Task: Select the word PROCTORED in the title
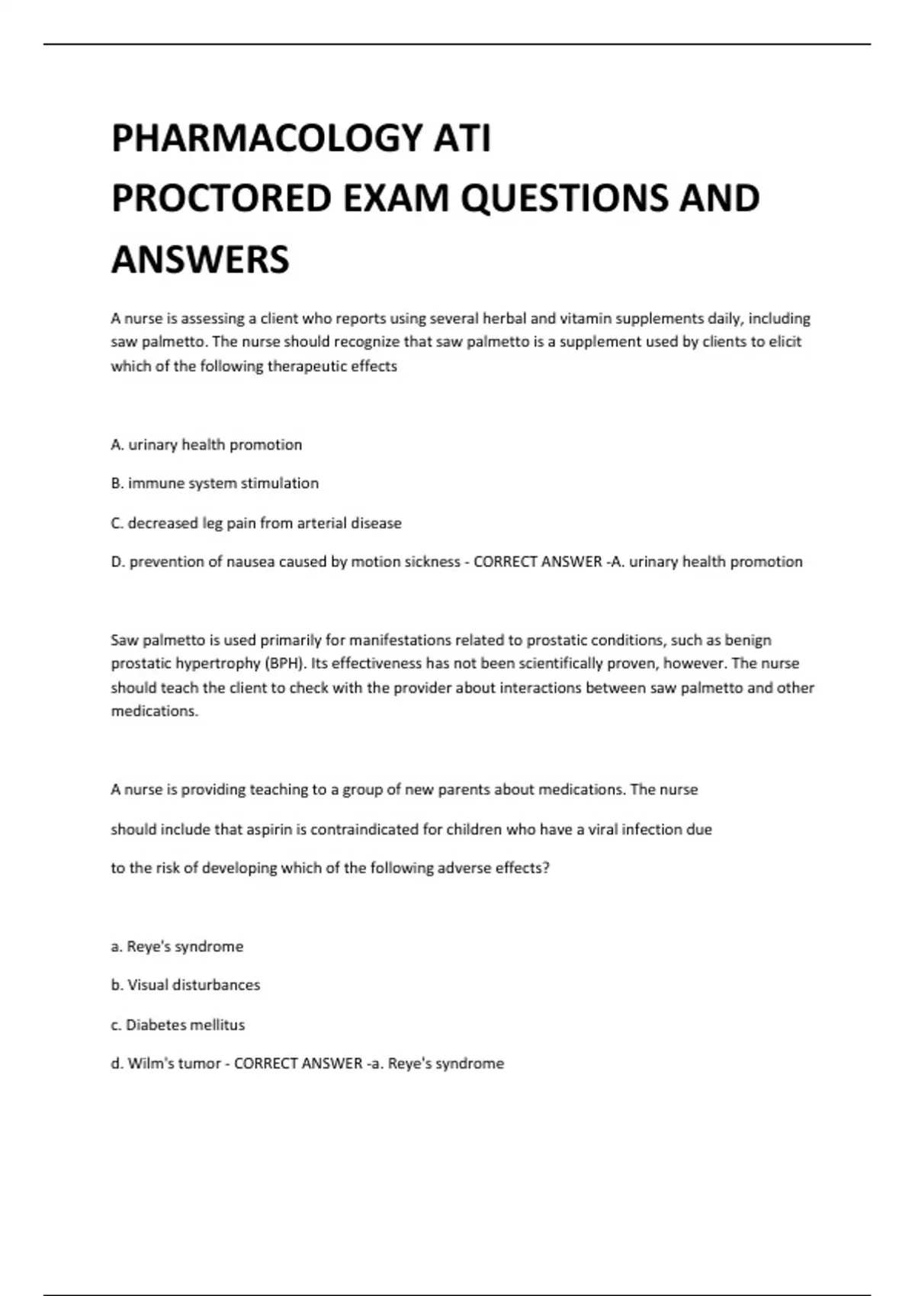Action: (221, 199)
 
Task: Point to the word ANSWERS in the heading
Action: (200, 259)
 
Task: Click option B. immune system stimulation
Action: (214, 483)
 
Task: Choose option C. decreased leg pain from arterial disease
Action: (255, 523)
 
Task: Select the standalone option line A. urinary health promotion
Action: (206, 444)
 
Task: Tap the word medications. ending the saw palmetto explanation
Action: (155, 711)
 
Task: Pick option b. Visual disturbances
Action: (185, 985)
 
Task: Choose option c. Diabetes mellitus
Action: (178, 1025)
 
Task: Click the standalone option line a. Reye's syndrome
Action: (177, 946)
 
